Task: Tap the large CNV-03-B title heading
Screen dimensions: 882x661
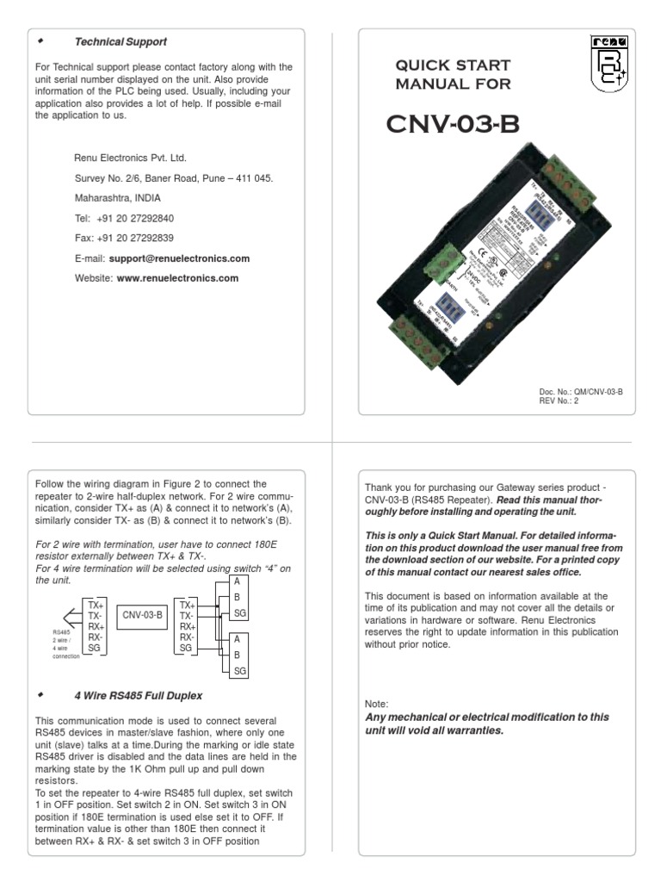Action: coord(454,126)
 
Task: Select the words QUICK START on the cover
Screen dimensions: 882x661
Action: coord(453,65)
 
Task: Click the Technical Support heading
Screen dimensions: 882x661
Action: coord(120,41)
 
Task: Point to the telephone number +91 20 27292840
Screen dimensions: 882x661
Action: coord(135,218)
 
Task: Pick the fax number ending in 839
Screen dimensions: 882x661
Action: coord(135,238)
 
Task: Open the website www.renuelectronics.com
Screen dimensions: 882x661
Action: coord(177,278)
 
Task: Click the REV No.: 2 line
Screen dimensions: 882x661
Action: coord(559,401)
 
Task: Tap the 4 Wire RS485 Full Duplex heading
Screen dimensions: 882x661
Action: coord(138,695)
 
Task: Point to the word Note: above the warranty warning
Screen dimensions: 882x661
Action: coord(377,704)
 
